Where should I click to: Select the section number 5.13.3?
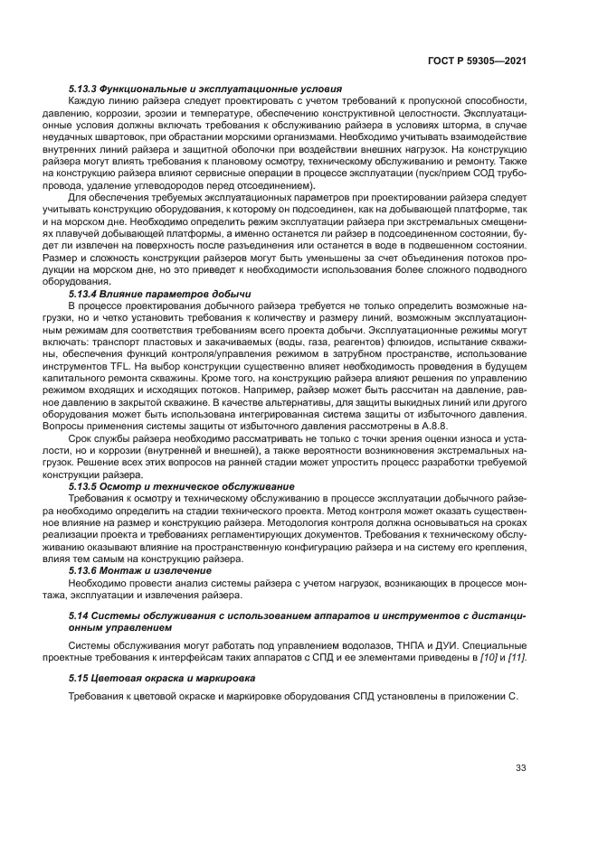(x=84, y=89)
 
